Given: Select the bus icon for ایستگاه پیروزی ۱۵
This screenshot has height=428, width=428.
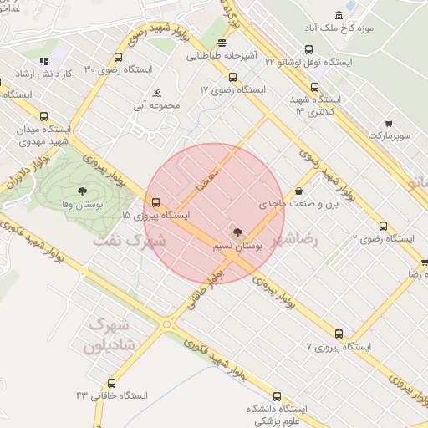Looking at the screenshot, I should point(155,202).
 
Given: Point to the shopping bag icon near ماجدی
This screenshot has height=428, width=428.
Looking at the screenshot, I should point(299,191).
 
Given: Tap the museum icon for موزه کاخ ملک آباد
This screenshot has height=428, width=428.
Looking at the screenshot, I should point(339,16).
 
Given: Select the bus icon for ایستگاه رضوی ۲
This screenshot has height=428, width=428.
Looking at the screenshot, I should point(383,226).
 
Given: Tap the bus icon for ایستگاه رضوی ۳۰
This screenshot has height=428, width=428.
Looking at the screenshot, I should point(118,58).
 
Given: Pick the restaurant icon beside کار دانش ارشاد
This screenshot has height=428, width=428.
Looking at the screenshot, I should point(43,61).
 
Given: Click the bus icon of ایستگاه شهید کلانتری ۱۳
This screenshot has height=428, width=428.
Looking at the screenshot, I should point(314,87).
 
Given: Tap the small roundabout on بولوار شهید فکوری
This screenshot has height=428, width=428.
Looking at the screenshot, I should point(166,324).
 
